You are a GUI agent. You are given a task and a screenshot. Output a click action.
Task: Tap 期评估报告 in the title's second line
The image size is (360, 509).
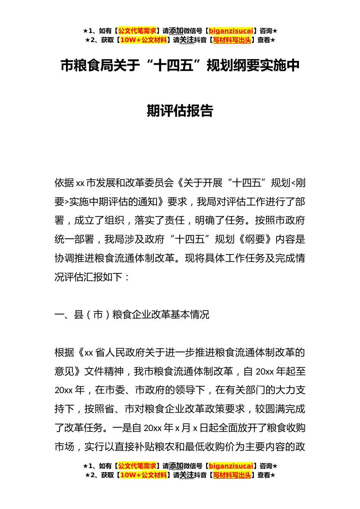[180, 111]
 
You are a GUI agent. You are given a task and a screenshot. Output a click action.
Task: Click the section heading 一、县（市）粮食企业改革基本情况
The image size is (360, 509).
[132, 315]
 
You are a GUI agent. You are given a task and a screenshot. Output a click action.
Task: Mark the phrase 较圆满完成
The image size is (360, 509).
[280, 409]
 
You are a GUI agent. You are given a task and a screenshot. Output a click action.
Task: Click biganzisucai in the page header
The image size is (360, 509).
[231, 31]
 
